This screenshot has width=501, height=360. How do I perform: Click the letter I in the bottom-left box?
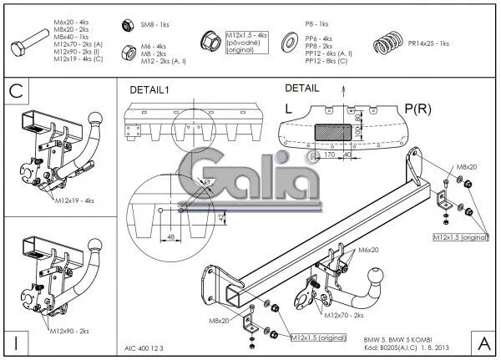pos(15,342)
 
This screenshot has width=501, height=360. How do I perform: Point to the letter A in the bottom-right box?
pos(484,342)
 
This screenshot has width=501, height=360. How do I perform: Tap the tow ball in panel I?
pos(94,245)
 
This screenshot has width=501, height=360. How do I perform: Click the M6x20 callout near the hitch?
pos(368,250)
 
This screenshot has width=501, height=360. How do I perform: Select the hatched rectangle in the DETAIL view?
pos(333,130)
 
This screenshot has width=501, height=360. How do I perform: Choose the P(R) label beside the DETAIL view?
pos(417,109)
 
